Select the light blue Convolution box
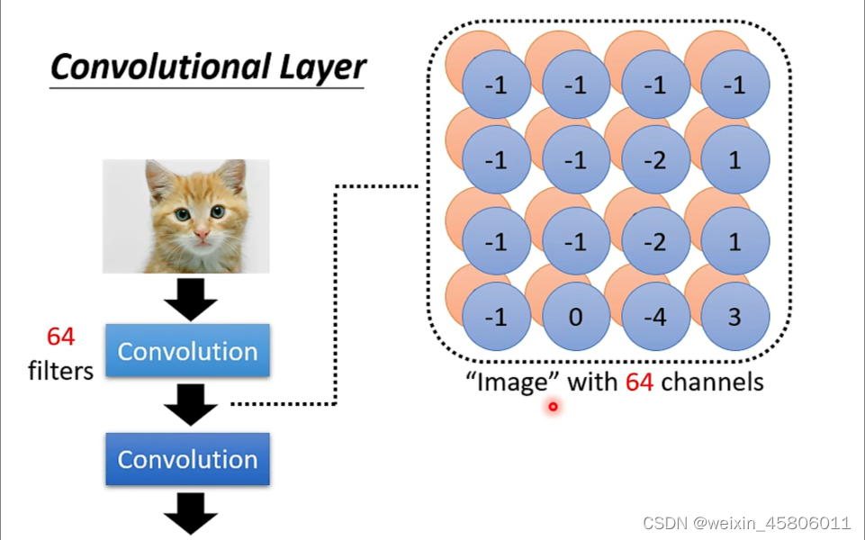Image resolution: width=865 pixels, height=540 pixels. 187,351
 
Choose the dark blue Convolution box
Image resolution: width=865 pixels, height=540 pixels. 187,459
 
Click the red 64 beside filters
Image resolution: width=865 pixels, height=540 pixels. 61,337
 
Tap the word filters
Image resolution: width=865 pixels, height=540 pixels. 61,370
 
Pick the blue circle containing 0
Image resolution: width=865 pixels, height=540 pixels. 575,318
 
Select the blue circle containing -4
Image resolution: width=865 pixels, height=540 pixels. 655,318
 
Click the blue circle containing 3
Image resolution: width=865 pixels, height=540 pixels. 735,318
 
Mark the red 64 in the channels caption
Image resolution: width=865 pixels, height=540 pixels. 639,382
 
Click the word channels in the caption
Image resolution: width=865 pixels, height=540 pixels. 712,382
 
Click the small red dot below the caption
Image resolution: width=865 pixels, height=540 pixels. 553,407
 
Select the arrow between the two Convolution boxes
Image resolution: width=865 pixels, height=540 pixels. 190,404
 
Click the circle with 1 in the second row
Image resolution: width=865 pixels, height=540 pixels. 735,160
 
